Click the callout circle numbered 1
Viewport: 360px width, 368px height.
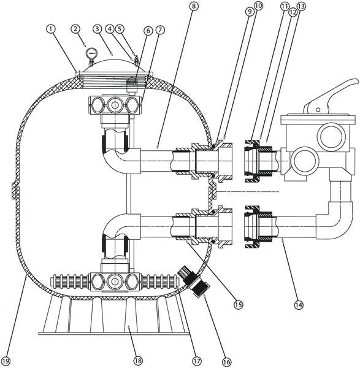(51, 29)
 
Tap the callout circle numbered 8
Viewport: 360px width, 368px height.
(193, 6)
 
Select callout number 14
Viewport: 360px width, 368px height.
(299, 305)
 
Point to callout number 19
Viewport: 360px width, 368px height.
(6, 361)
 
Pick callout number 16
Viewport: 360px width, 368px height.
(226, 362)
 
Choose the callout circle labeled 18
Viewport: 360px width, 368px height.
(138, 360)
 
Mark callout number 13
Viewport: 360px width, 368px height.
(301, 6)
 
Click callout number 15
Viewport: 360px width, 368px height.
(238, 304)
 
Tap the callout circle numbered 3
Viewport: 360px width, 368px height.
(96, 29)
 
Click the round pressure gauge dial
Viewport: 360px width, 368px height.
(91, 53)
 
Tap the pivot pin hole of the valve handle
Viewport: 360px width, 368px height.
(318, 110)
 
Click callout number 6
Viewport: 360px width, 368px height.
(148, 31)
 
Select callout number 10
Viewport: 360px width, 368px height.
(258, 6)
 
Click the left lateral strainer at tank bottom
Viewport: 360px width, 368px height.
(70, 282)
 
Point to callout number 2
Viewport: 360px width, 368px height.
(75, 29)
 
